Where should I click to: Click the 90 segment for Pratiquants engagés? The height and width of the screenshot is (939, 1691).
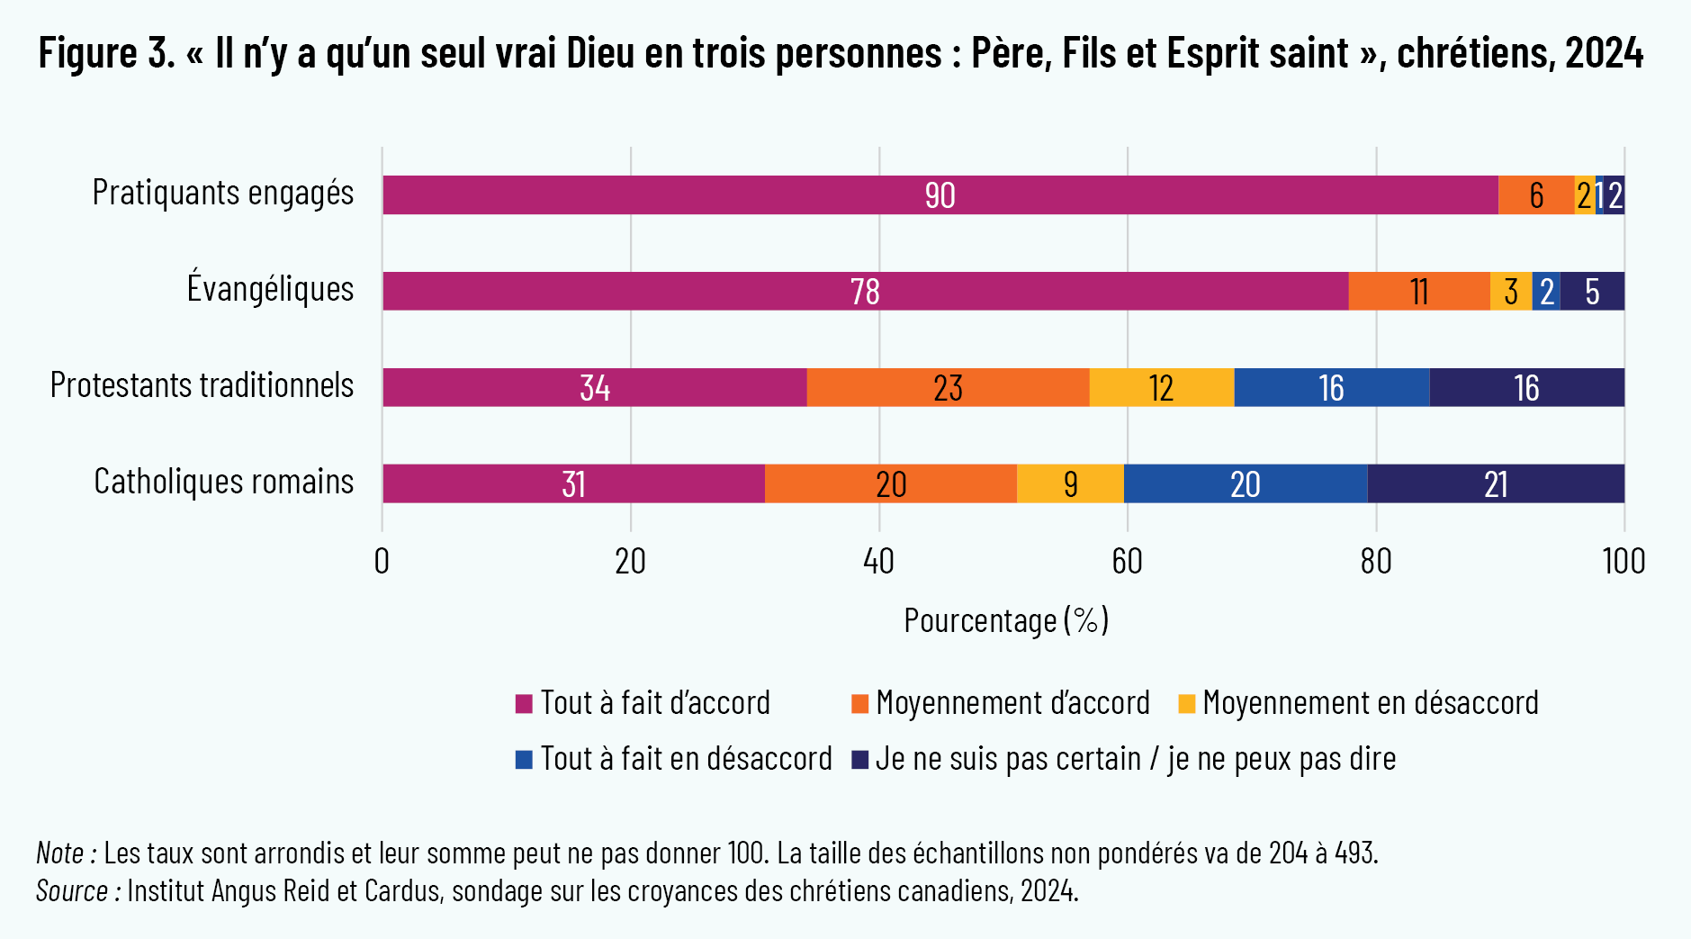click(x=940, y=195)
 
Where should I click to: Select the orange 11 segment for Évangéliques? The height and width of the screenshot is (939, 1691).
click(x=1419, y=292)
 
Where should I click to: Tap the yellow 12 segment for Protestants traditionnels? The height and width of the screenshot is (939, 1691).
click(x=1161, y=388)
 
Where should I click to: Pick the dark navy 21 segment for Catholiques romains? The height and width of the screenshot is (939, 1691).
click(x=1496, y=484)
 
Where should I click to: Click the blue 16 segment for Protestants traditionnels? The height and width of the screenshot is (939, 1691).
click(x=1331, y=388)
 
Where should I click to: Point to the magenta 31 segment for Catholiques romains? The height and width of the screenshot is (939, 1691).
click(x=573, y=484)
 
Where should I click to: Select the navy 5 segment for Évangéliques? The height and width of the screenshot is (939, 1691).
click(x=1592, y=292)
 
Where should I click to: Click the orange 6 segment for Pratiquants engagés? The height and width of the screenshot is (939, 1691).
click(x=1536, y=195)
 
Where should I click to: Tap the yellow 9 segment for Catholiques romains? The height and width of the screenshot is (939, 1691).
click(x=1070, y=484)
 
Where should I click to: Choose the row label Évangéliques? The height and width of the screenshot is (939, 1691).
click(x=270, y=289)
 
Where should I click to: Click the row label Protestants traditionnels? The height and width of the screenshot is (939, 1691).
click(x=202, y=385)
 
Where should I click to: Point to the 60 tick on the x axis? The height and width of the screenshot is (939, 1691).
click(x=1127, y=562)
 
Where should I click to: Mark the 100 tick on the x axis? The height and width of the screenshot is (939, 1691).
click(x=1624, y=562)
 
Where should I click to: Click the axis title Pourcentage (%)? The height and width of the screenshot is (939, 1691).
click(x=1006, y=621)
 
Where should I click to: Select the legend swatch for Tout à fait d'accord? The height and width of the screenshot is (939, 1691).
click(x=524, y=704)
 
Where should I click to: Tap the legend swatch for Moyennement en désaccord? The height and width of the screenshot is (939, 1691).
click(x=1187, y=704)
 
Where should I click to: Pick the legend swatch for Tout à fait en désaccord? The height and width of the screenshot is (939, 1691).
click(x=524, y=760)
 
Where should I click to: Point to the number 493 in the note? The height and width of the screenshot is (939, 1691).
click(x=1354, y=853)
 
